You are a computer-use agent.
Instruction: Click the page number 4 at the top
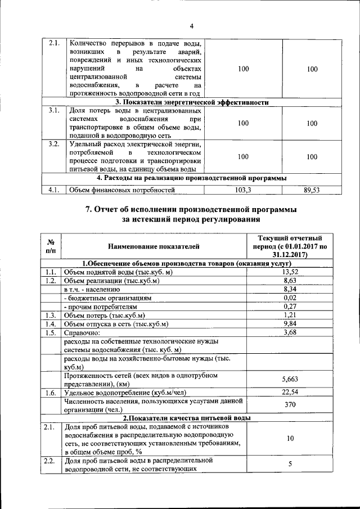[x=191, y=26]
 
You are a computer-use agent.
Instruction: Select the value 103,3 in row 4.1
[x=242, y=191]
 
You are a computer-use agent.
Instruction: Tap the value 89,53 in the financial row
[x=312, y=191]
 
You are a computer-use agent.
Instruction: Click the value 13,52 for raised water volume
[x=289, y=272]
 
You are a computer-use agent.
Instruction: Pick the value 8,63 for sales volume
[x=289, y=281]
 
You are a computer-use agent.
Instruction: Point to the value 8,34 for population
[x=289, y=289]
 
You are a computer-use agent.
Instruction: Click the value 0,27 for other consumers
[x=289, y=307]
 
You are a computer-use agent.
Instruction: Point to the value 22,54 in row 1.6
[x=289, y=392]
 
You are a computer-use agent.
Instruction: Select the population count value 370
[x=289, y=405]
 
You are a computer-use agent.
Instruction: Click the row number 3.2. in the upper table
[x=53, y=145]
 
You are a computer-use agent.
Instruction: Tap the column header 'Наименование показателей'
[x=154, y=246]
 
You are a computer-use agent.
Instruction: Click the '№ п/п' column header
[x=49, y=246]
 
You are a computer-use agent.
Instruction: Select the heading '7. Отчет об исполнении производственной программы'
[x=191, y=210]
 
